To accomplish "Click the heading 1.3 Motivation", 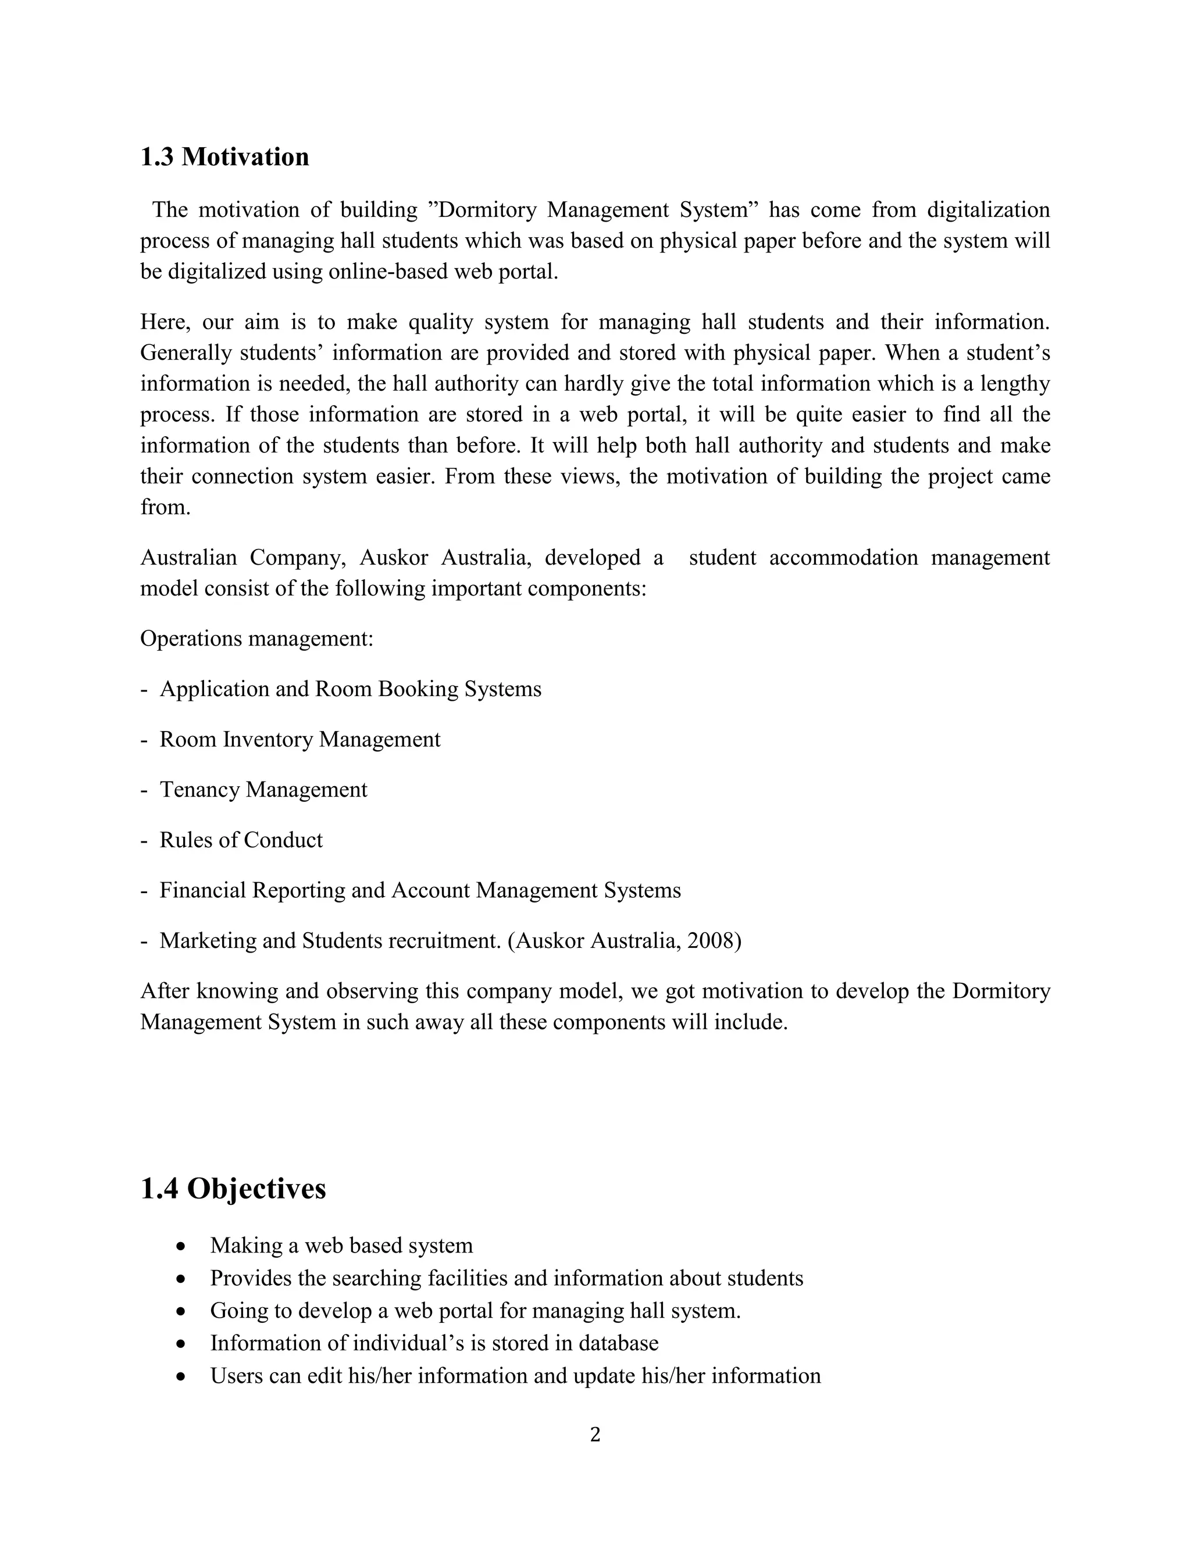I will coord(224,156).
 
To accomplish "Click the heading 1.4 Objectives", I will coord(233,1188).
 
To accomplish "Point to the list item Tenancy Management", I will coord(263,790).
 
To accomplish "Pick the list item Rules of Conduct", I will coord(241,840).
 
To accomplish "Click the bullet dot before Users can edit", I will coord(182,1376).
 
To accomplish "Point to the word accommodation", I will coord(843,558).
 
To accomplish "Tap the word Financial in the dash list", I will coord(202,890).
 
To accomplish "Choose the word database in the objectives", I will coord(618,1343).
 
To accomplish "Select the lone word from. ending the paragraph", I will coord(165,507).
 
